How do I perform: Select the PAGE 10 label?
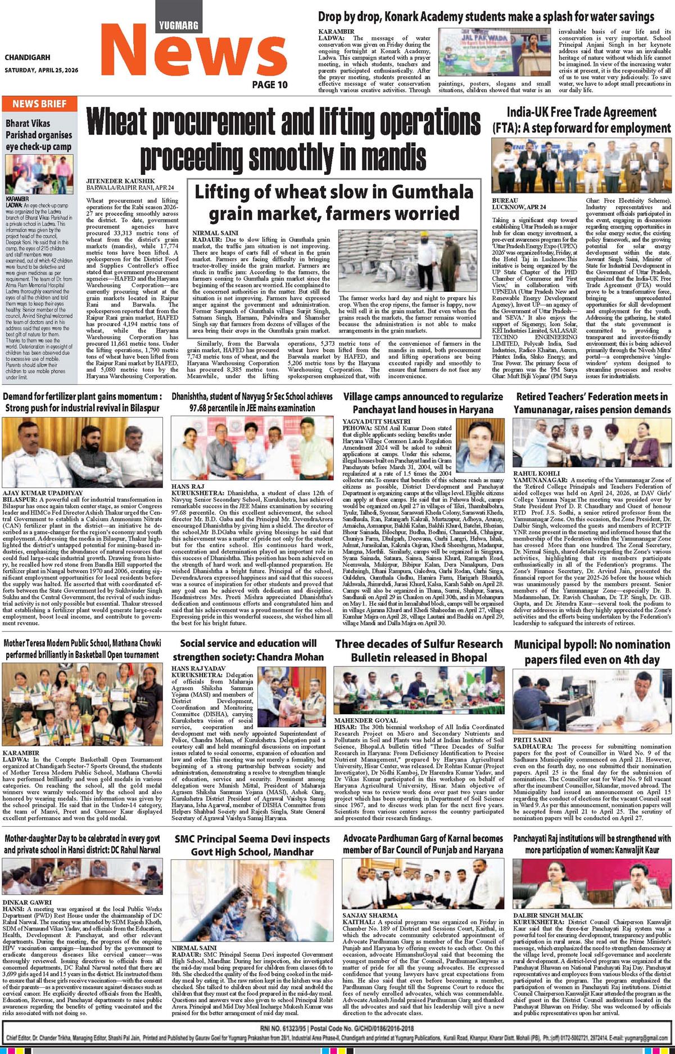point(269,85)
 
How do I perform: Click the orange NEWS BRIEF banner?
point(39,103)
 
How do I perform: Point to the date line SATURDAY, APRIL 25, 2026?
point(41,70)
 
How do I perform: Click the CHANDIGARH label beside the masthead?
point(27,57)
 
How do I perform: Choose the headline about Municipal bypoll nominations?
point(592,651)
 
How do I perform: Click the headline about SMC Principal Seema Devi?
point(252,846)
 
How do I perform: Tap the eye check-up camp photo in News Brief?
point(39,174)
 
